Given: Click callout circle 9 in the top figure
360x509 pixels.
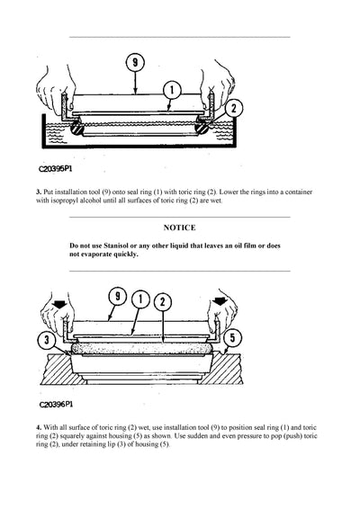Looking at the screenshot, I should pyautogui.click(x=134, y=64).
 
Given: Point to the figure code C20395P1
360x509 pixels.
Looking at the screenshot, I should pyautogui.click(x=57, y=167).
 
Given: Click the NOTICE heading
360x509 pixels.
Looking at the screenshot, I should pyautogui.click(x=179, y=228).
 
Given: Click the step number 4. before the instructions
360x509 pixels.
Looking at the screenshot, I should pyautogui.click(x=39, y=425).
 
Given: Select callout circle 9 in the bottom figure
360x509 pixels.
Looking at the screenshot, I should pyautogui.click(x=116, y=298).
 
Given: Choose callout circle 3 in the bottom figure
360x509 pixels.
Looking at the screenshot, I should pyautogui.click(x=45, y=340).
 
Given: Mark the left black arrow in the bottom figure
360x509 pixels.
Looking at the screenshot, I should pyautogui.click(x=60, y=307).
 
